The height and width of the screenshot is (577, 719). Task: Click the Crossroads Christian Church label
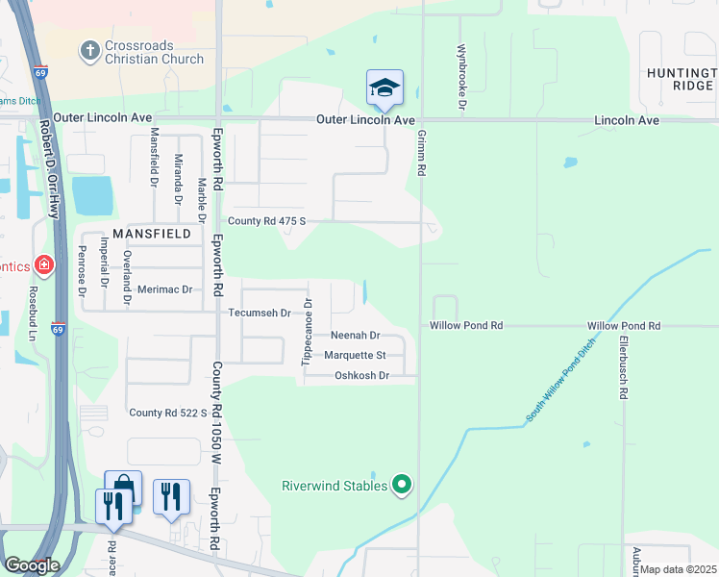156,51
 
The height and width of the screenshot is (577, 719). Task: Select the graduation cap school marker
384,88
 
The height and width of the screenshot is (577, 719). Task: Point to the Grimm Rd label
421,154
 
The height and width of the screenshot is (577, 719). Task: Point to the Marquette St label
355,355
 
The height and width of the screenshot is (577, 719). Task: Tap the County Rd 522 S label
168,413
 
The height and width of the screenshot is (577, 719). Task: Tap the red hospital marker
43,263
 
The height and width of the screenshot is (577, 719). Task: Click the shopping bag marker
123,487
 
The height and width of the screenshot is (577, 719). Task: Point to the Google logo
32,565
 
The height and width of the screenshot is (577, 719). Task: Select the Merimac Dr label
164,288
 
